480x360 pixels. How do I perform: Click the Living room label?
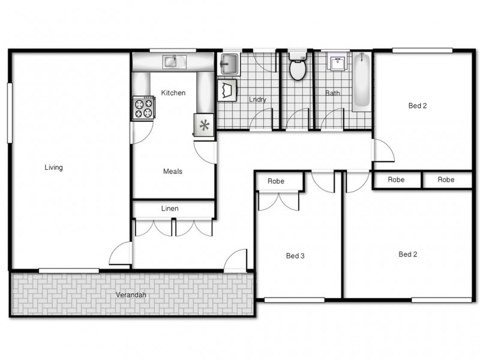click(53, 167)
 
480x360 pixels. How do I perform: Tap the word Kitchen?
click(173, 93)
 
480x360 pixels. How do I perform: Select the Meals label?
click(173, 171)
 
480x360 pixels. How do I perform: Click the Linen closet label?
click(170, 208)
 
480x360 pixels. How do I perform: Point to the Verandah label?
click(131, 295)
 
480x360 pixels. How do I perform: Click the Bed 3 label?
click(295, 256)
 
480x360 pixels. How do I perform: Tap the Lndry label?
click(257, 100)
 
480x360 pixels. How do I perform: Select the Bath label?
click(332, 93)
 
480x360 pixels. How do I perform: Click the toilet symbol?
click(298, 68)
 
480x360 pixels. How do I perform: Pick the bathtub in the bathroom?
click(361, 82)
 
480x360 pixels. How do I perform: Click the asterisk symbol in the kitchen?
click(205, 125)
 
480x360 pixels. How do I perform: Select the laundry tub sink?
click(229, 64)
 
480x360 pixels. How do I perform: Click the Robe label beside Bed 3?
click(276, 181)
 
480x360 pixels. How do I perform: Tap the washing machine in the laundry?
click(227, 91)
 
